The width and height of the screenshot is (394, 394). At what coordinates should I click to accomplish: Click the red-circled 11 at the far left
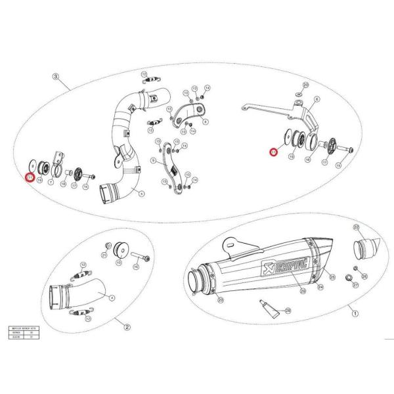coord(29,176)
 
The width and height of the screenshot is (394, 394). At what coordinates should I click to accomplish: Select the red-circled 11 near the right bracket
coord(274,152)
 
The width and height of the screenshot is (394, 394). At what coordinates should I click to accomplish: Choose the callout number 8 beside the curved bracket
coord(206,121)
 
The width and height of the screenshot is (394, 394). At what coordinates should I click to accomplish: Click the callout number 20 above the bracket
coord(305,85)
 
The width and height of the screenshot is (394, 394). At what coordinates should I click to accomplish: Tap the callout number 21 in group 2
coord(104,254)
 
